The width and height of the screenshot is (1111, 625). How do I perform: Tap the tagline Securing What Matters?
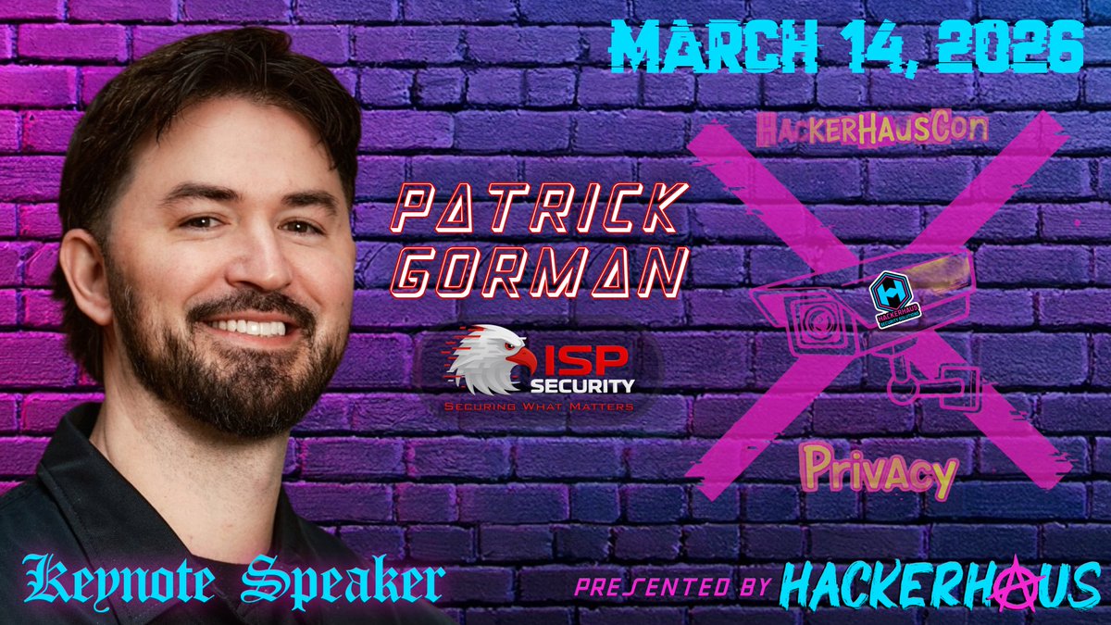click(540, 406)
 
